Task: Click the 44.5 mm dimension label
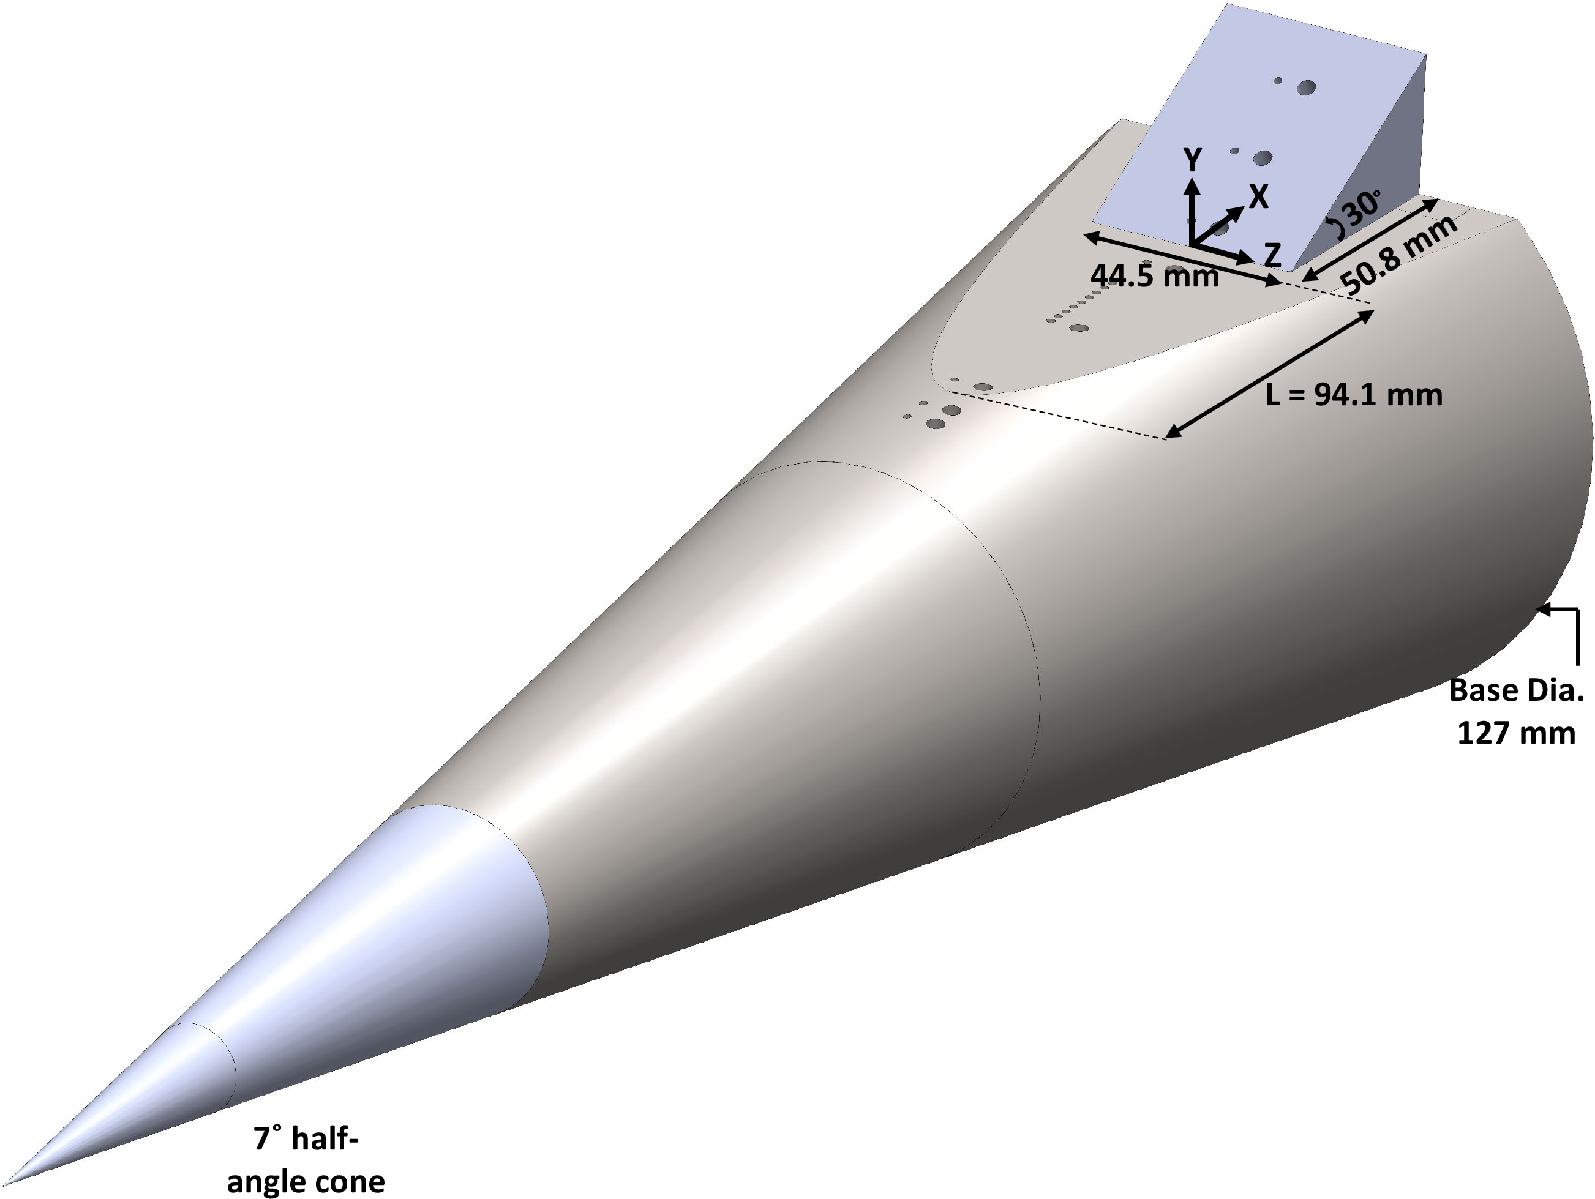click(x=1154, y=275)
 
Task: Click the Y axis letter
click(x=1193, y=159)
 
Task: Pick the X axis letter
click(x=1258, y=196)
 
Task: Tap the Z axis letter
click(x=1273, y=255)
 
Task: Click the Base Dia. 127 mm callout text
click(x=1515, y=712)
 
